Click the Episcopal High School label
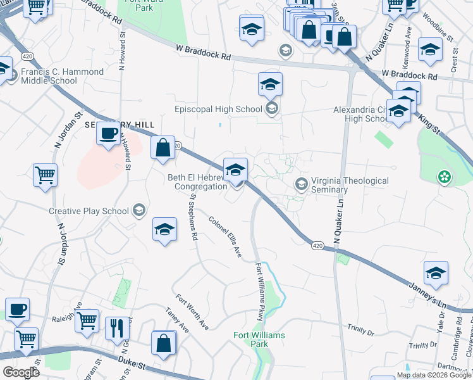218,109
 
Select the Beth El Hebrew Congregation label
197,182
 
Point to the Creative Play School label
89,211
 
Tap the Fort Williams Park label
259,339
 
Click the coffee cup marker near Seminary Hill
108,134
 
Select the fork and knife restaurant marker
117,328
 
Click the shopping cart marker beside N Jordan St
45,175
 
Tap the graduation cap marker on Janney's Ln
436,273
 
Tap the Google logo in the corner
20,372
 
